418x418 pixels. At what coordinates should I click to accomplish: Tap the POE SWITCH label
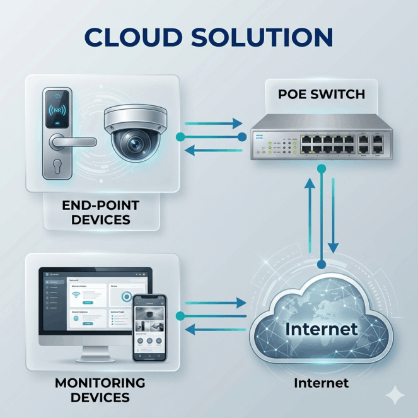(x=322, y=95)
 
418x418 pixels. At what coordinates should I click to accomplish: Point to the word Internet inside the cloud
(x=321, y=328)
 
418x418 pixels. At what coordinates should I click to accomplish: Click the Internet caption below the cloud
(x=321, y=383)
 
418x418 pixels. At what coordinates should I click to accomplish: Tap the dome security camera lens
(x=134, y=144)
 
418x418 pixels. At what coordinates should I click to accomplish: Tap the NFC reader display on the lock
(x=58, y=108)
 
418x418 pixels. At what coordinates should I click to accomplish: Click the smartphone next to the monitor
(x=149, y=328)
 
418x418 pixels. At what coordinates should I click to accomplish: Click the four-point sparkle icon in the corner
(x=396, y=395)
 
